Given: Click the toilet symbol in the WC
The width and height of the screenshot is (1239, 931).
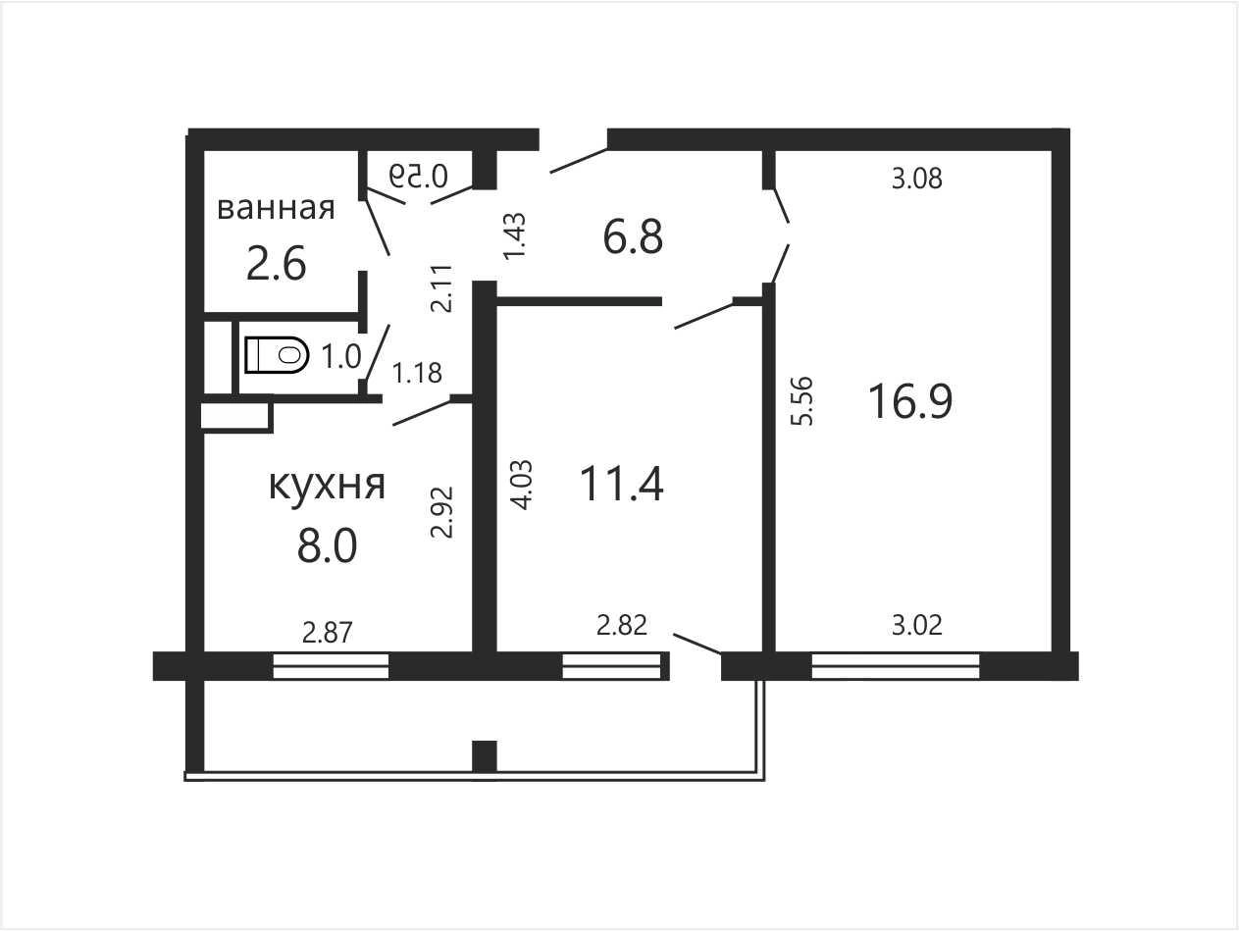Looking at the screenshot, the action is pos(277,355).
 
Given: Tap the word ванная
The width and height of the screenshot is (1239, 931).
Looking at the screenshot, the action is pos(276,208).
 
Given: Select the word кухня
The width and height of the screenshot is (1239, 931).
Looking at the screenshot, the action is pos(327,485).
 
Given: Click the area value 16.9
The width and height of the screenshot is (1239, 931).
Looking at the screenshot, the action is pos(910,401).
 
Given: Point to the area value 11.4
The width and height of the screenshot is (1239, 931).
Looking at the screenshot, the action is pos(622,484).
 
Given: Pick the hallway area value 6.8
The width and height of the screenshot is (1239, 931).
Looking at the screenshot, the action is pos(633,237).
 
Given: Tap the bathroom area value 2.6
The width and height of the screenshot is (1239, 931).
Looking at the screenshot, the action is pos(276,263).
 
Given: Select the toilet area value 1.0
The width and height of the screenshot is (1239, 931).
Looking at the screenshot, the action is pos(340,356).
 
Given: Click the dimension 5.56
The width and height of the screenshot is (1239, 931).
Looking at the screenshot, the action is pos(802,400).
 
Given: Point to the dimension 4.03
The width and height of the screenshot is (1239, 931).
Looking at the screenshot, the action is pos(521,486).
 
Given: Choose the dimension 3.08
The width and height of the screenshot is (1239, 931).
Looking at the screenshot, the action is pos(916,179).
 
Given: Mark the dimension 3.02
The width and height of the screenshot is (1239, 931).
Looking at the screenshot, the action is pos(916,625).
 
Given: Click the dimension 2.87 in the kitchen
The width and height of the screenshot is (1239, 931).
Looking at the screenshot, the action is pos(328,632).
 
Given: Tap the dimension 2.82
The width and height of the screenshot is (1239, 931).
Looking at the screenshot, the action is pos(622,625).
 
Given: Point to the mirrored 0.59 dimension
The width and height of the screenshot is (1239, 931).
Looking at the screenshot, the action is pos(419,176).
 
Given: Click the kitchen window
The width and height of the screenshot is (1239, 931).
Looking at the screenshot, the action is pos(331,666).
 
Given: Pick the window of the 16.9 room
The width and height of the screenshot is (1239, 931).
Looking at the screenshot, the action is pos(896,666).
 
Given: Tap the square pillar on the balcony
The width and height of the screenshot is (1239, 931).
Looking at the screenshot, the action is pos(485,756).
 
